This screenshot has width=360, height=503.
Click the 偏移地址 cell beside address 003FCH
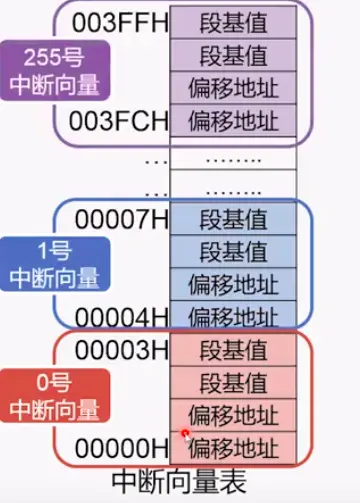pyautogui.click(x=233, y=121)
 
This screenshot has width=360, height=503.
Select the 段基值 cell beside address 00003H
pyautogui.click(x=233, y=350)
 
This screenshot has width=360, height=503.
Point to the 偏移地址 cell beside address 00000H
pyautogui.click(x=233, y=446)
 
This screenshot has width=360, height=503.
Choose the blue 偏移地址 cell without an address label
pyautogui.click(x=233, y=284)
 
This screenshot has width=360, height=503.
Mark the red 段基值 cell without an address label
pyautogui.click(x=233, y=383)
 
